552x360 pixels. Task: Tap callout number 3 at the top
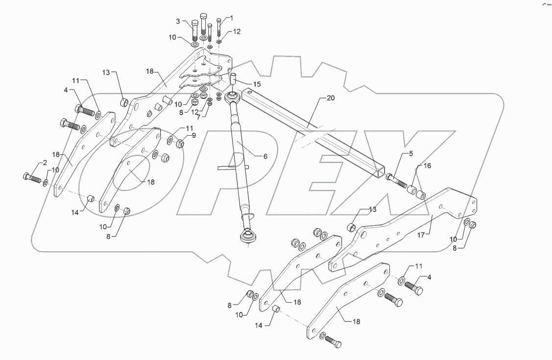pyautogui.click(x=178, y=21)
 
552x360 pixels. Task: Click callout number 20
pyautogui.click(x=331, y=98)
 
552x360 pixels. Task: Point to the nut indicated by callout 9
pyautogui.click(x=180, y=144)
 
